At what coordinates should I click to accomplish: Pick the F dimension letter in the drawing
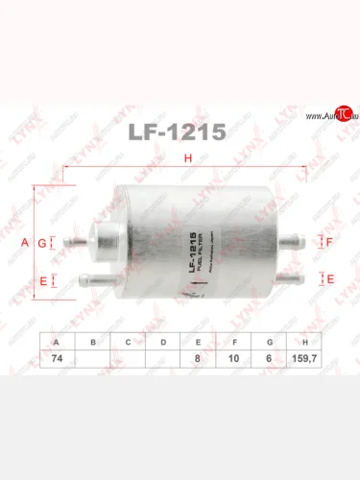328,243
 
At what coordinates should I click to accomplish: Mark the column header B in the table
93,341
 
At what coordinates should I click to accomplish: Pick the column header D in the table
163,341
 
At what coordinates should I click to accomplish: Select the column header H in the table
305,341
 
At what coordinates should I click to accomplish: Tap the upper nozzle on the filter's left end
67,243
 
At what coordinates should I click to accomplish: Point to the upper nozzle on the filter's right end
305,243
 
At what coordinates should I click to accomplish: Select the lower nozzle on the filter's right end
305,278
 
